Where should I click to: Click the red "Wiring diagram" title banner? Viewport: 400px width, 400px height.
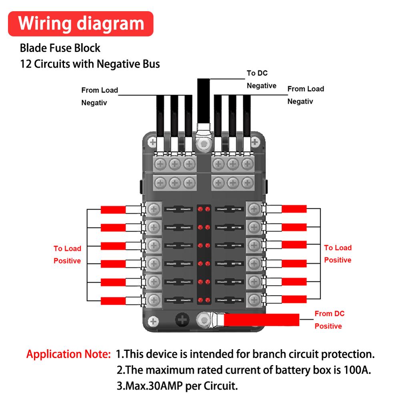coord(81,24)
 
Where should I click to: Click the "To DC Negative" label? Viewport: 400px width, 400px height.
coord(262,79)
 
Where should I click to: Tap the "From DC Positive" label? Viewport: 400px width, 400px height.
coord(329,320)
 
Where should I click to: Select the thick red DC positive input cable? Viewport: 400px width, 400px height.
coord(262,319)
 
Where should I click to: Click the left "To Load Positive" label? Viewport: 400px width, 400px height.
coord(67,254)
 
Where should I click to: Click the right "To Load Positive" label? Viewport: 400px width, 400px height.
coord(338,254)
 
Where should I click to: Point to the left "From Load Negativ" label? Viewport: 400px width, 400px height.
coord(100,96)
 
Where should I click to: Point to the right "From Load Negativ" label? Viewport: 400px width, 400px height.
coord(306,95)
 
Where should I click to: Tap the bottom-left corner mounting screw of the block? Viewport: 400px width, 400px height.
coord(152,320)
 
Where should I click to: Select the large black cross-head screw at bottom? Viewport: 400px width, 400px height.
coord(183,320)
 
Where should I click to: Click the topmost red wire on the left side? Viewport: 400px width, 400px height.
coord(113,210)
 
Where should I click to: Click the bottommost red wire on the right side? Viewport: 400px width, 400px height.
coord(294,300)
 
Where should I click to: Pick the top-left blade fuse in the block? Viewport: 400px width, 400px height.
coord(178,210)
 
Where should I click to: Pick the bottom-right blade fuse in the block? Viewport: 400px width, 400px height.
coord(229,300)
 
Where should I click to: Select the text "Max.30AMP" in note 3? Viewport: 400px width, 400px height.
coord(149,386)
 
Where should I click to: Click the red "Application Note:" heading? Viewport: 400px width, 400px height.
coord(68,354)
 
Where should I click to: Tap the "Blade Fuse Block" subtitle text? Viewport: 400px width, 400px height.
coord(60,48)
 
